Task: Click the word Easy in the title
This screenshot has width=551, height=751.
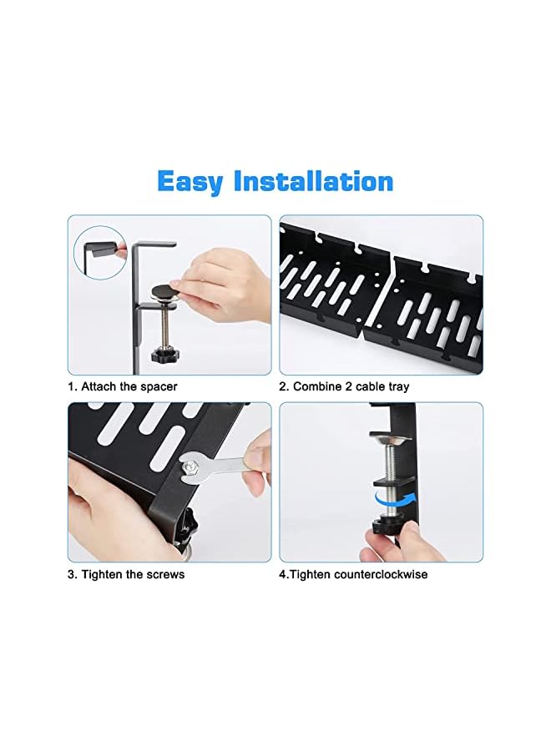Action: pos(190,181)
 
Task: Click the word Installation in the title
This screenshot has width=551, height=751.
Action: pos(314,181)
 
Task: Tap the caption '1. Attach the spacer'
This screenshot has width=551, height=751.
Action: pos(123,387)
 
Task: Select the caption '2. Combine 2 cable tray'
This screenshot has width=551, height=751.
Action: pos(344,387)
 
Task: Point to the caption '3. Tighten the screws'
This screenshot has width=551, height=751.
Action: pos(126,574)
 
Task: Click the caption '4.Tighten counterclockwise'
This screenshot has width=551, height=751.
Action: pos(353,574)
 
